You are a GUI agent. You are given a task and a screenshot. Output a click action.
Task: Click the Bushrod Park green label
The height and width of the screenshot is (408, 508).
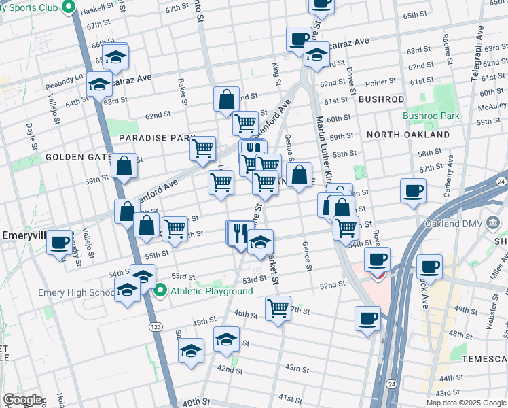click(431, 116)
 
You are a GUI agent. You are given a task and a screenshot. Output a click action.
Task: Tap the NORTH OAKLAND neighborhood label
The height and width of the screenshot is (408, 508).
click(407, 135)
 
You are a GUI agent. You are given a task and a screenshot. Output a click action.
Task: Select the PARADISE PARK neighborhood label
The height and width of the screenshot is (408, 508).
click(157, 138)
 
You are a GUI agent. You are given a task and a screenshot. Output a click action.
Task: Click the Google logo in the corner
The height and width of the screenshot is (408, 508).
click(22, 400)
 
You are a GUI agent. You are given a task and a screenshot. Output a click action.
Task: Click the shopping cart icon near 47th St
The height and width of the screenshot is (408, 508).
click(278, 309)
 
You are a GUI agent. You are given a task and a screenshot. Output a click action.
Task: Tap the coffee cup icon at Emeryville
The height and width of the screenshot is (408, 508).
click(60, 242)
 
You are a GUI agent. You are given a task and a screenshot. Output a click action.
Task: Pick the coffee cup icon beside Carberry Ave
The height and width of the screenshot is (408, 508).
click(413, 191)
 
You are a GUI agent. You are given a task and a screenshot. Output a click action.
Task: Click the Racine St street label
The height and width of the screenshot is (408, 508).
click(446, 45)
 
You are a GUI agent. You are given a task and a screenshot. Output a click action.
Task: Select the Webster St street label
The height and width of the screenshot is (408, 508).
click(490, 317)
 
